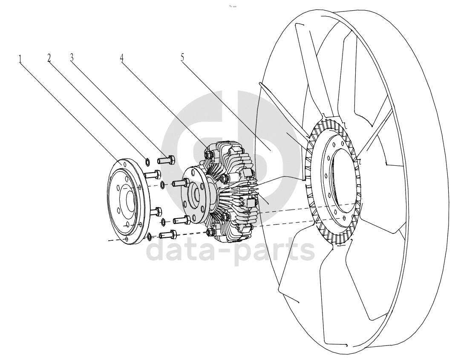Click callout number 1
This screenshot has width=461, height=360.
click(x=20, y=59)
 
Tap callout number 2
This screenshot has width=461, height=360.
click(x=49, y=58)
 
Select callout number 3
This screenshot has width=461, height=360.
click(x=72, y=58)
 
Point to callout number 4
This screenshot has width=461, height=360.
click(x=121, y=58)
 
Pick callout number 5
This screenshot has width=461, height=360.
click(x=183, y=58)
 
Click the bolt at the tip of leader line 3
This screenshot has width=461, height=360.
click(x=167, y=160)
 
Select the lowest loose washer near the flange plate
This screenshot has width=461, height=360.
click(x=150, y=236)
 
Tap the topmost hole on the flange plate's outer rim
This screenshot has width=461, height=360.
click(x=125, y=164)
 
